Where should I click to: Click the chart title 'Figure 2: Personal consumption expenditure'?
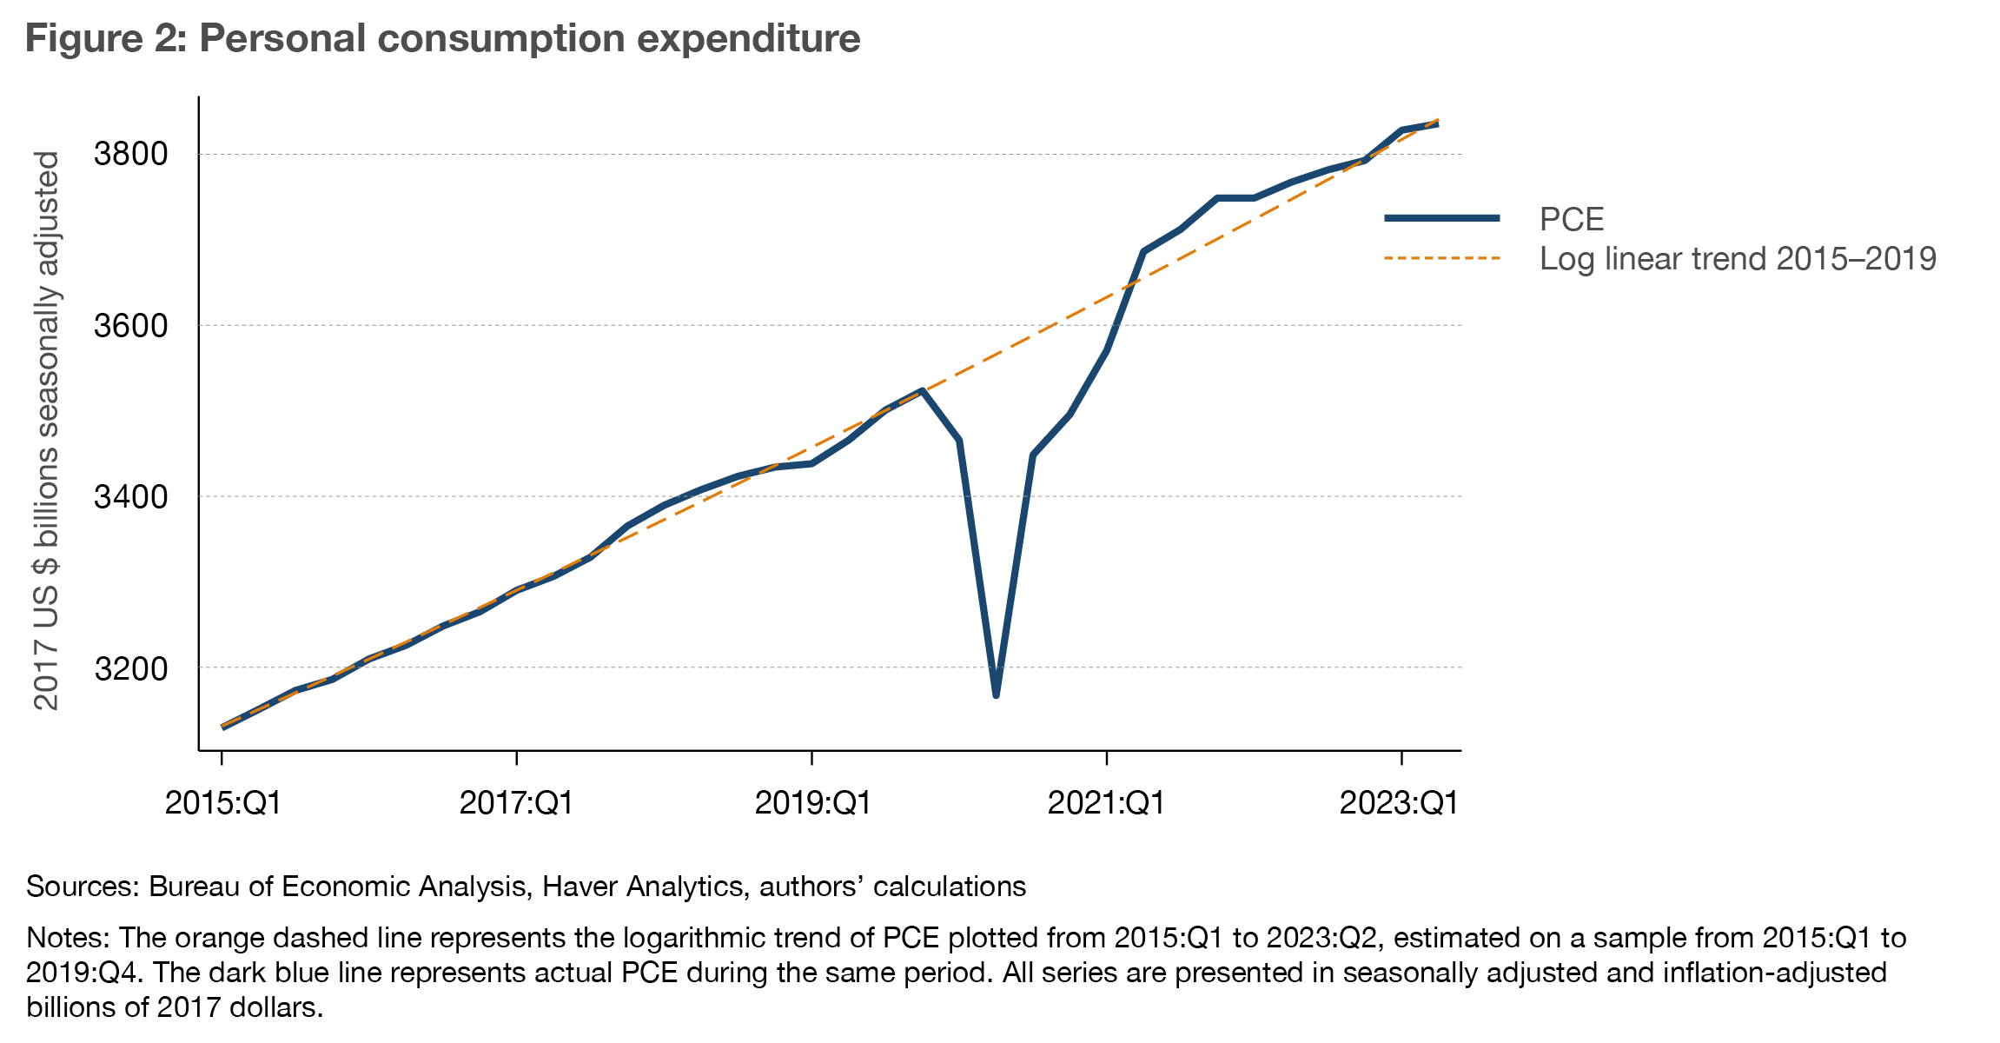[x=442, y=39]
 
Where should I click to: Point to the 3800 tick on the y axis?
[x=130, y=154]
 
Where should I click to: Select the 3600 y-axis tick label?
[x=130, y=326]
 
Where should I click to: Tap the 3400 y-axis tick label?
[x=130, y=497]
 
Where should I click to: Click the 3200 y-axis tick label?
[x=130, y=668]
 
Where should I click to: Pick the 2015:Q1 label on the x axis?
[x=223, y=802]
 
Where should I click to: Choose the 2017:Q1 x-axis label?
[x=517, y=802]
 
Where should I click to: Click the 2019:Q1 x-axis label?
[x=812, y=802]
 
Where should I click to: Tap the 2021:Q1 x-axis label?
[x=1106, y=802]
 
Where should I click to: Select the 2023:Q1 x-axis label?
[x=1400, y=802]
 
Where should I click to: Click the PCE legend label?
[x=1571, y=219]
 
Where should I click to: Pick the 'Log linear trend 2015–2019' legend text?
[x=1738, y=259]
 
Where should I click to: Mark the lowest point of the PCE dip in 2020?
[x=996, y=695]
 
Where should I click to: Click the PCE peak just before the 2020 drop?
[x=922, y=390]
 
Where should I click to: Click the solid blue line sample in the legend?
[x=1442, y=218]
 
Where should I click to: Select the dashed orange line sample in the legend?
[x=1442, y=258]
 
